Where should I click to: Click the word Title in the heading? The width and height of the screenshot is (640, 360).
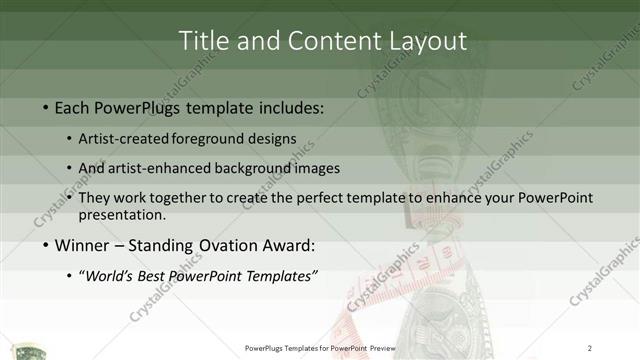[203, 40]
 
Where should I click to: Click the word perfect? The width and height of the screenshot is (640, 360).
[328, 198]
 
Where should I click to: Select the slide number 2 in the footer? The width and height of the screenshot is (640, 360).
[590, 347]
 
